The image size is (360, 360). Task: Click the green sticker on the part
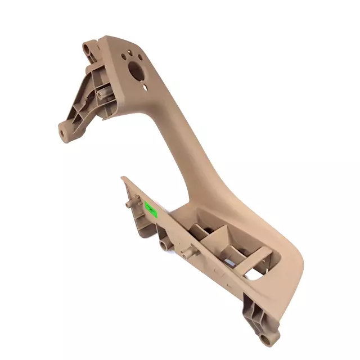[x=150, y=208]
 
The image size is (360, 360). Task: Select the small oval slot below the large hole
[x=145, y=87]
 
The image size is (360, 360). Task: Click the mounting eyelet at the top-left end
[x=88, y=49]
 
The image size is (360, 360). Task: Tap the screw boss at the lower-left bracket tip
[x=63, y=133]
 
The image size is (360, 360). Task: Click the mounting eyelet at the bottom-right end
[x=265, y=339]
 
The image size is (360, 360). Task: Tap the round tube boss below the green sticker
[x=165, y=245]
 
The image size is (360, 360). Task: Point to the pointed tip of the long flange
[x=122, y=178]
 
